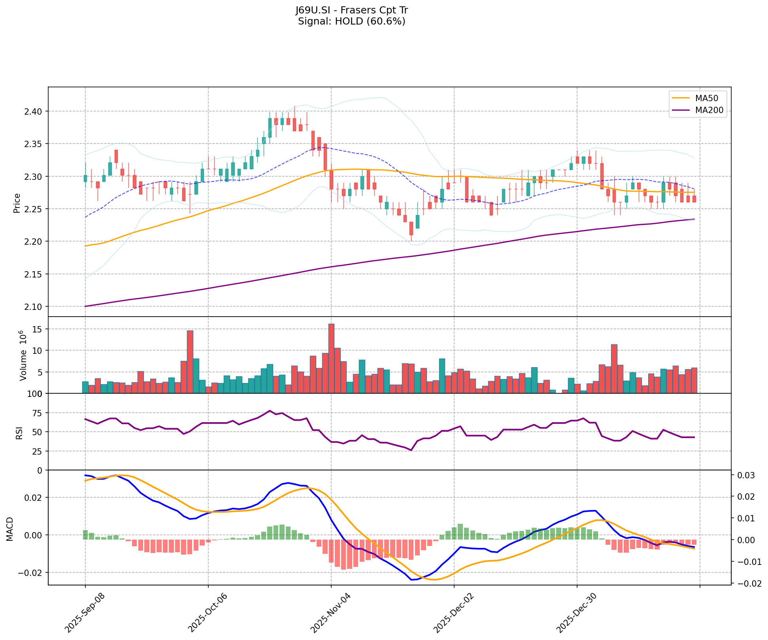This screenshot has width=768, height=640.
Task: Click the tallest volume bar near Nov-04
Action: click(x=331, y=358)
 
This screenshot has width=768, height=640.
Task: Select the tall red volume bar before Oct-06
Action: click(x=190, y=361)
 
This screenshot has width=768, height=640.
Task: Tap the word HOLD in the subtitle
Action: click(x=350, y=21)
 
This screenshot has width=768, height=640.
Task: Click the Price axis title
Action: click(x=17, y=203)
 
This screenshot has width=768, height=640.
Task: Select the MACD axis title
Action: click(x=9, y=529)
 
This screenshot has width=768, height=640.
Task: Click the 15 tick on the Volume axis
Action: click(x=38, y=329)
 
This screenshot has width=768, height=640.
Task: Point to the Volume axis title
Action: click(x=23, y=356)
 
